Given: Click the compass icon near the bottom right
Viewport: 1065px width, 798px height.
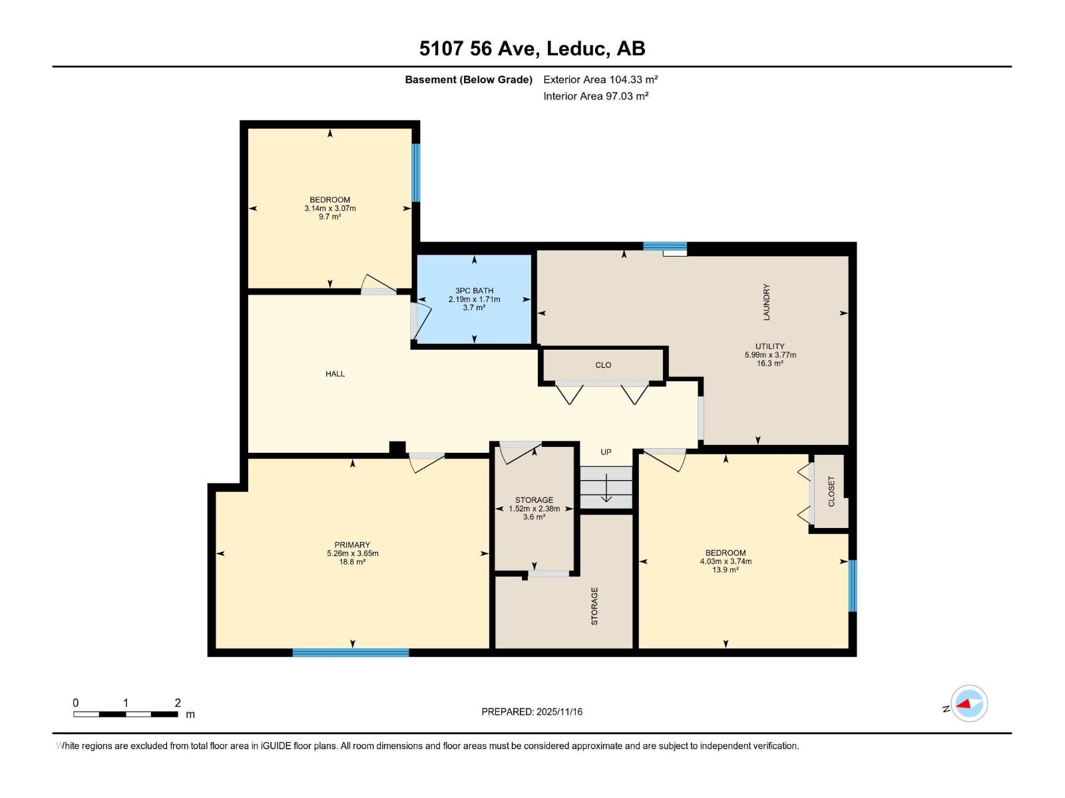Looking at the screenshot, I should point(969,704).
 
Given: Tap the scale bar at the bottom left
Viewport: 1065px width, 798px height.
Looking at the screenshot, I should point(125,714).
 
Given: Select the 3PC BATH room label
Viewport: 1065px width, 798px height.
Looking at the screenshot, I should point(474,291).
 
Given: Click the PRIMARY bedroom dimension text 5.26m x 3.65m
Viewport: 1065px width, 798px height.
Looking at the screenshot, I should point(352,553).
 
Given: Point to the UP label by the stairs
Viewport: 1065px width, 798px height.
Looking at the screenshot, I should point(606,452).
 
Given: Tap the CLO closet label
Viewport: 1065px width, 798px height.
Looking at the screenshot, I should point(603,365).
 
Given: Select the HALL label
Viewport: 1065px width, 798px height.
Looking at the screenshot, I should point(335,374).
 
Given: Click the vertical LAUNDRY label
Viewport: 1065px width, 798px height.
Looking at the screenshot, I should point(766,303).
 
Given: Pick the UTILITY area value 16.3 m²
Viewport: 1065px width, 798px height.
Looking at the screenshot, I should point(770,364).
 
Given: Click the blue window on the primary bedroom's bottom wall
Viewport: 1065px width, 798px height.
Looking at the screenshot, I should point(351,652).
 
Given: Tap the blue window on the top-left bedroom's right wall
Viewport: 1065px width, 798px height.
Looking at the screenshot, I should point(416,172).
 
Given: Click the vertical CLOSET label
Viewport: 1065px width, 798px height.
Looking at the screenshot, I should point(831,491).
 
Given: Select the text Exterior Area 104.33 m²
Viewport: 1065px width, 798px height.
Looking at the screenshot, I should point(600,79).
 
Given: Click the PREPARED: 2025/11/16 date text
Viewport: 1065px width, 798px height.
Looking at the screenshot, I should point(532,712).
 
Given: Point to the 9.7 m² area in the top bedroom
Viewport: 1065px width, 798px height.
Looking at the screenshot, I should point(329,217).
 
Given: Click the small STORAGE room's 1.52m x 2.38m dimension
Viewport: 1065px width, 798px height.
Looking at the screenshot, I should point(534,509).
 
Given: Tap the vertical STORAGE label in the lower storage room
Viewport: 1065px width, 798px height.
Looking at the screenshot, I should point(594,606).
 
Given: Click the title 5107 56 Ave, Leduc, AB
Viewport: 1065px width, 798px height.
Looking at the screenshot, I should point(532,49).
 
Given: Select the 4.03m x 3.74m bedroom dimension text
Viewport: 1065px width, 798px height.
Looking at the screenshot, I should point(726,561).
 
